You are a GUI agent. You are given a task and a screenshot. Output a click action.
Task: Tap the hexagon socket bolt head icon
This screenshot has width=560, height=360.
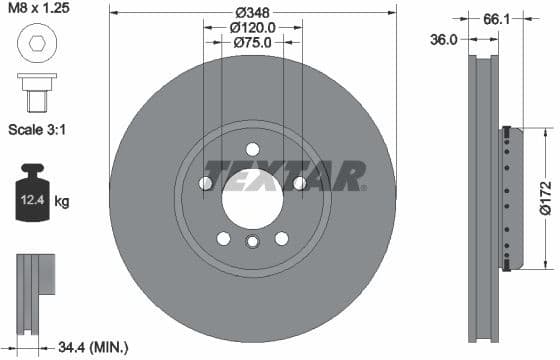tap(34, 44)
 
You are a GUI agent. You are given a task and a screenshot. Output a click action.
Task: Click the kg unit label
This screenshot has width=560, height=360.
tap(62, 202)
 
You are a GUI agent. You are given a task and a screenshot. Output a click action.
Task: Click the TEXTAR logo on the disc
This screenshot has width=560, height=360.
tap(285, 176)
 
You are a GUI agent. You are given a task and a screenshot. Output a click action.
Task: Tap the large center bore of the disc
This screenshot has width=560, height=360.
tap(252, 195)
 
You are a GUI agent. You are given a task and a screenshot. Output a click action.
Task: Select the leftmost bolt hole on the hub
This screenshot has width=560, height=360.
tap(206, 182)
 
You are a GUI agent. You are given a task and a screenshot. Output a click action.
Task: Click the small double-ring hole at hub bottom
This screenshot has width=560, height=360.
tap(252, 242)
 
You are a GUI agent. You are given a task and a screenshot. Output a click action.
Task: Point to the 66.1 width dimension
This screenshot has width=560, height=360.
tap(491, 17)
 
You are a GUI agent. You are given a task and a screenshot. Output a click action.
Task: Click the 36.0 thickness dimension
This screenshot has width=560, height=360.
tap(443, 39)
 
